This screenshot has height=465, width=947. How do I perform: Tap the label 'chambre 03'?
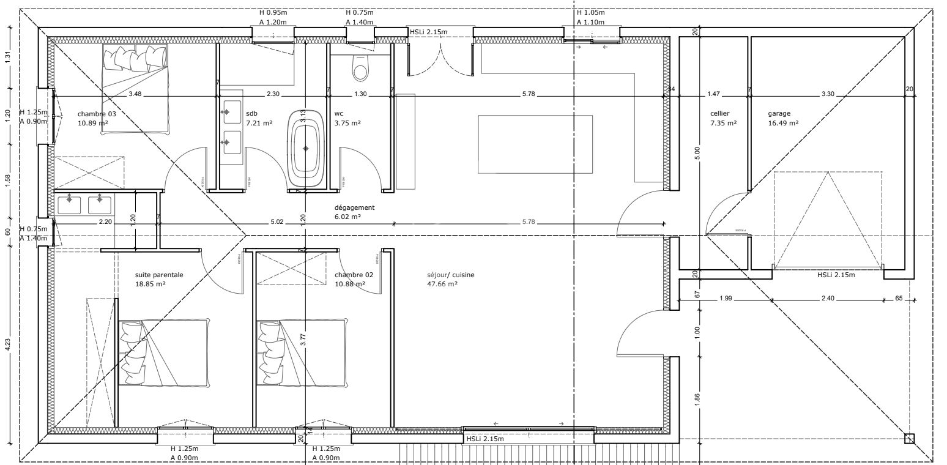[96, 114]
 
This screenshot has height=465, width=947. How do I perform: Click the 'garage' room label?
[779, 113]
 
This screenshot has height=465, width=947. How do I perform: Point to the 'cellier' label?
[719, 113]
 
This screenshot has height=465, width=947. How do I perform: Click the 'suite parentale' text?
[159, 275]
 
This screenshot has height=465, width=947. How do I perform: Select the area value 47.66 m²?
[442, 284]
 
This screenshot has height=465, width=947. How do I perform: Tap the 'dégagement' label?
[354, 207]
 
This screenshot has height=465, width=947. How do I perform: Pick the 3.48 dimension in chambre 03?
[135, 94]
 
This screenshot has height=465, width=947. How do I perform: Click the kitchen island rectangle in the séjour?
[535, 144]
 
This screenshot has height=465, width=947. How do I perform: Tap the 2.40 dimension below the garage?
[826, 299]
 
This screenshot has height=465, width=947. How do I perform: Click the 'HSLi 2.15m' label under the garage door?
[836, 275]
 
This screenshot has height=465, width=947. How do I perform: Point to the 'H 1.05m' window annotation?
[590, 12]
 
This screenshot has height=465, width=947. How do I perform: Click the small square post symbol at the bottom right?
[909, 438]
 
